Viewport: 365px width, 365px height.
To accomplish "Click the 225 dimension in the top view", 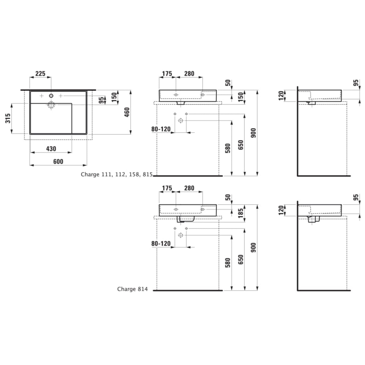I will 40,74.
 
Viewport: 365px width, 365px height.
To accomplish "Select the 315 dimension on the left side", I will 8,118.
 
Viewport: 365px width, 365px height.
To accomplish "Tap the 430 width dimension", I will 51,149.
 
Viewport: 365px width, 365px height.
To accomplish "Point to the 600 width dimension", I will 58,161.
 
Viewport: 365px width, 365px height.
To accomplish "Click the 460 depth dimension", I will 127,112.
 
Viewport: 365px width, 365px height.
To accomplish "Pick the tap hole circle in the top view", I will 51,96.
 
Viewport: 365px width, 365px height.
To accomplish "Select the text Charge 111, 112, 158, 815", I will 116,174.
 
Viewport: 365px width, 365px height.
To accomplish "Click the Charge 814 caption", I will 132,289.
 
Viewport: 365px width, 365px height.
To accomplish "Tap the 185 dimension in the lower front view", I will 241,213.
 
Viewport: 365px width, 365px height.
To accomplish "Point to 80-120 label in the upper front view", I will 161,129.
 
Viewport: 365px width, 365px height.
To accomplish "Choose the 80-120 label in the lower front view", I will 161,244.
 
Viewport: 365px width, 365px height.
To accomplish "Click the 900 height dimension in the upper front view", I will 253,133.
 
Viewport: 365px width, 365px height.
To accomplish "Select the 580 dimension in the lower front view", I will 228,263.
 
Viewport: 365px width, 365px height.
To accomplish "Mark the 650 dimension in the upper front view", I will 241,145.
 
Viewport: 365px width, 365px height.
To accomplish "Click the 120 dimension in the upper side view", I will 281,96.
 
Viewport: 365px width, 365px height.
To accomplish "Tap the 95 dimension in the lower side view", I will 356,197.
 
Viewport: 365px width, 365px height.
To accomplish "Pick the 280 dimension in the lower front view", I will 189,188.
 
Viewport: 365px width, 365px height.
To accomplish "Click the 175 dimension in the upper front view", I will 167,74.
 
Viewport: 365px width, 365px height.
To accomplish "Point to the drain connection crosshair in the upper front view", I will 180,120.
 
